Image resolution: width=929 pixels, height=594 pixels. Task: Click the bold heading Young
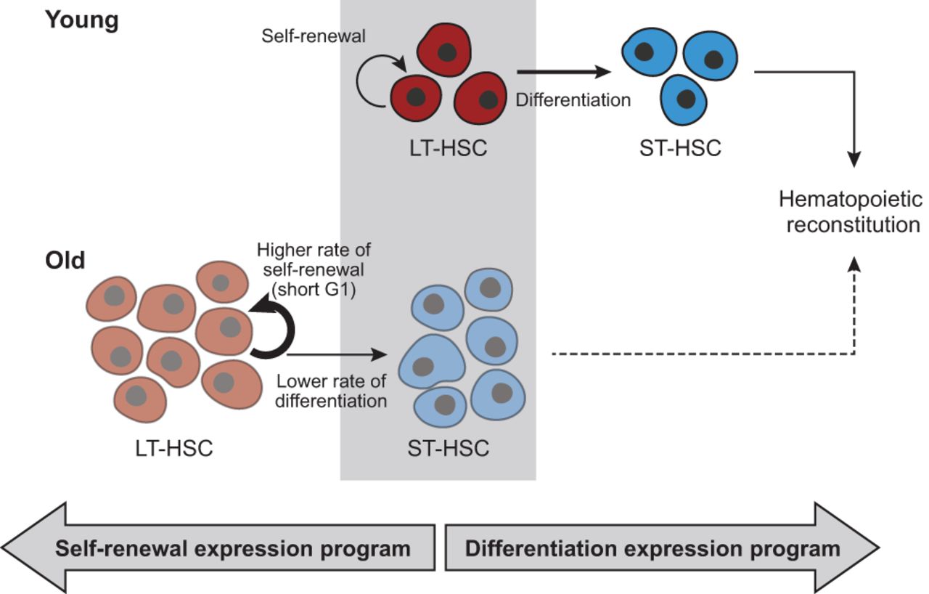pyautogui.click(x=81, y=20)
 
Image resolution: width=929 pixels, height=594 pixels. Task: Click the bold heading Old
pyautogui.click(x=65, y=259)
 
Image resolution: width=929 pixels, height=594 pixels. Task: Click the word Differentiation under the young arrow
pyautogui.click(x=573, y=99)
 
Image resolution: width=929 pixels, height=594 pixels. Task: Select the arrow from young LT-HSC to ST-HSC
pyautogui.click(x=562, y=72)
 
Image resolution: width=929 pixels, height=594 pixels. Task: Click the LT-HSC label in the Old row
pyautogui.click(x=174, y=448)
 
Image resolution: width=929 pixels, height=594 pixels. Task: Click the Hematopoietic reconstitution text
pyautogui.click(x=850, y=211)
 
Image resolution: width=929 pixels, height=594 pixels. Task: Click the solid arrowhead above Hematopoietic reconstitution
pyautogui.click(x=854, y=159)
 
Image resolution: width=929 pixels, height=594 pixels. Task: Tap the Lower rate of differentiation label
pyautogui.click(x=332, y=390)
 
